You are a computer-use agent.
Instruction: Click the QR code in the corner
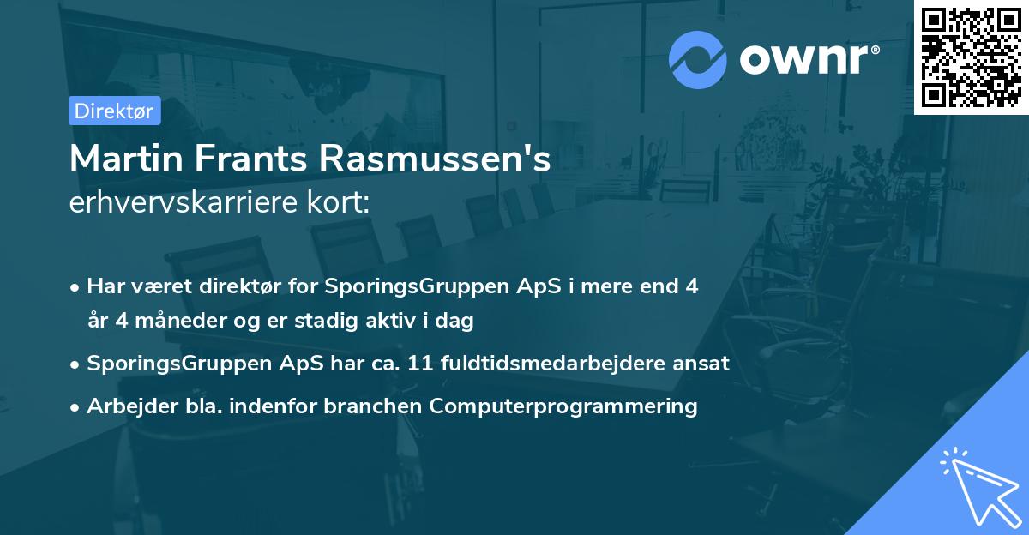point(972,57)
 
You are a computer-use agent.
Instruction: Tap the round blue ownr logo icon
point(698,59)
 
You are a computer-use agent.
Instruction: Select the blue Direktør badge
point(114,111)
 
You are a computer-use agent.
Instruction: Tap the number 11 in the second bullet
point(418,364)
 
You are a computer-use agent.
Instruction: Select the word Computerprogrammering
point(563,406)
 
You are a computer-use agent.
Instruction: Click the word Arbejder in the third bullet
point(128,406)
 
